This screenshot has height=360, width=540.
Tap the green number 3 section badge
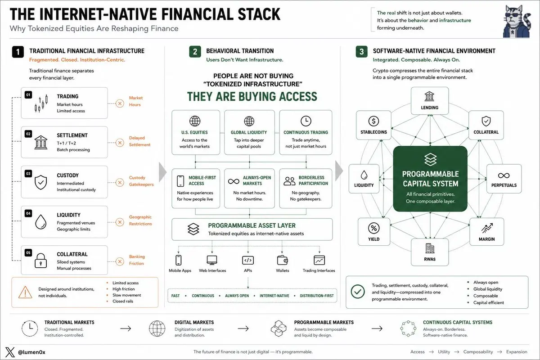point(362,52)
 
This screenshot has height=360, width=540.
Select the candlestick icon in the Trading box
point(41,103)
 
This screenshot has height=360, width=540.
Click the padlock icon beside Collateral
point(41,261)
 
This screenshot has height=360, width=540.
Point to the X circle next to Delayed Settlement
point(120,143)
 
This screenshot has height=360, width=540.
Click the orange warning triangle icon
point(25,292)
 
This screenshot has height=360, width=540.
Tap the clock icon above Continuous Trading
point(306,121)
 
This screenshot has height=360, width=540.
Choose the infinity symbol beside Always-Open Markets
point(234,181)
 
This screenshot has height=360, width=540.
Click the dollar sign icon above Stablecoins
point(373,121)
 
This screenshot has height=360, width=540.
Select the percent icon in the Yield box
point(374,228)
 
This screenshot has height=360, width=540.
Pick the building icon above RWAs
point(430,248)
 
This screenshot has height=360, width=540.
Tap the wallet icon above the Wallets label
point(282,260)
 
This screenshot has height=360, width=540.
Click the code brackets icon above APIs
point(248,260)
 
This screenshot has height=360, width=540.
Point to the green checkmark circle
point(358,292)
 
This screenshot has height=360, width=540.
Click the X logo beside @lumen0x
point(10,352)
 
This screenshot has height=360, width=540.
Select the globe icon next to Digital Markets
point(157,328)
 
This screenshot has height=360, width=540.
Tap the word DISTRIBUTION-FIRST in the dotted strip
point(317,296)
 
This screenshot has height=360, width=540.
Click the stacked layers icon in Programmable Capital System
point(430,160)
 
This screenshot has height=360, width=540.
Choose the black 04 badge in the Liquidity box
point(28,213)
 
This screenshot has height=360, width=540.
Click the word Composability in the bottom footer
point(478,352)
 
